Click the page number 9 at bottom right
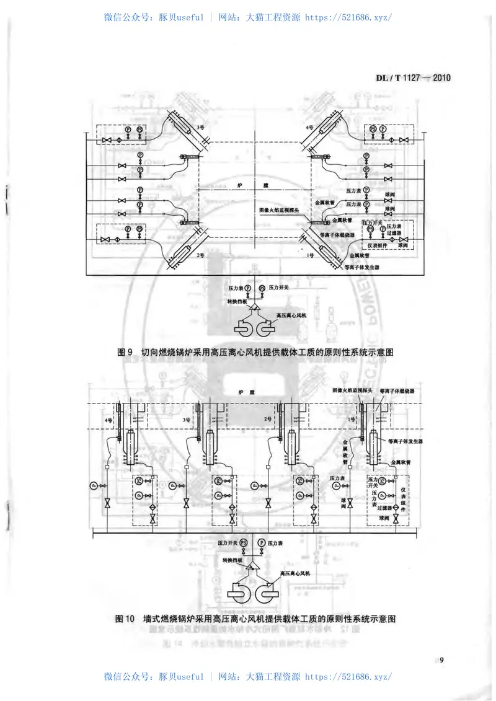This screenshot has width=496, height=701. (441, 659)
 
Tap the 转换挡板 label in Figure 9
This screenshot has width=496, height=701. (236, 301)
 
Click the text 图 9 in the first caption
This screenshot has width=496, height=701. (126, 351)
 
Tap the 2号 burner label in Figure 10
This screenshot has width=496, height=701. (268, 420)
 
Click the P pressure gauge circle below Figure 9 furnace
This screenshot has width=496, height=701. (247, 288)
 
